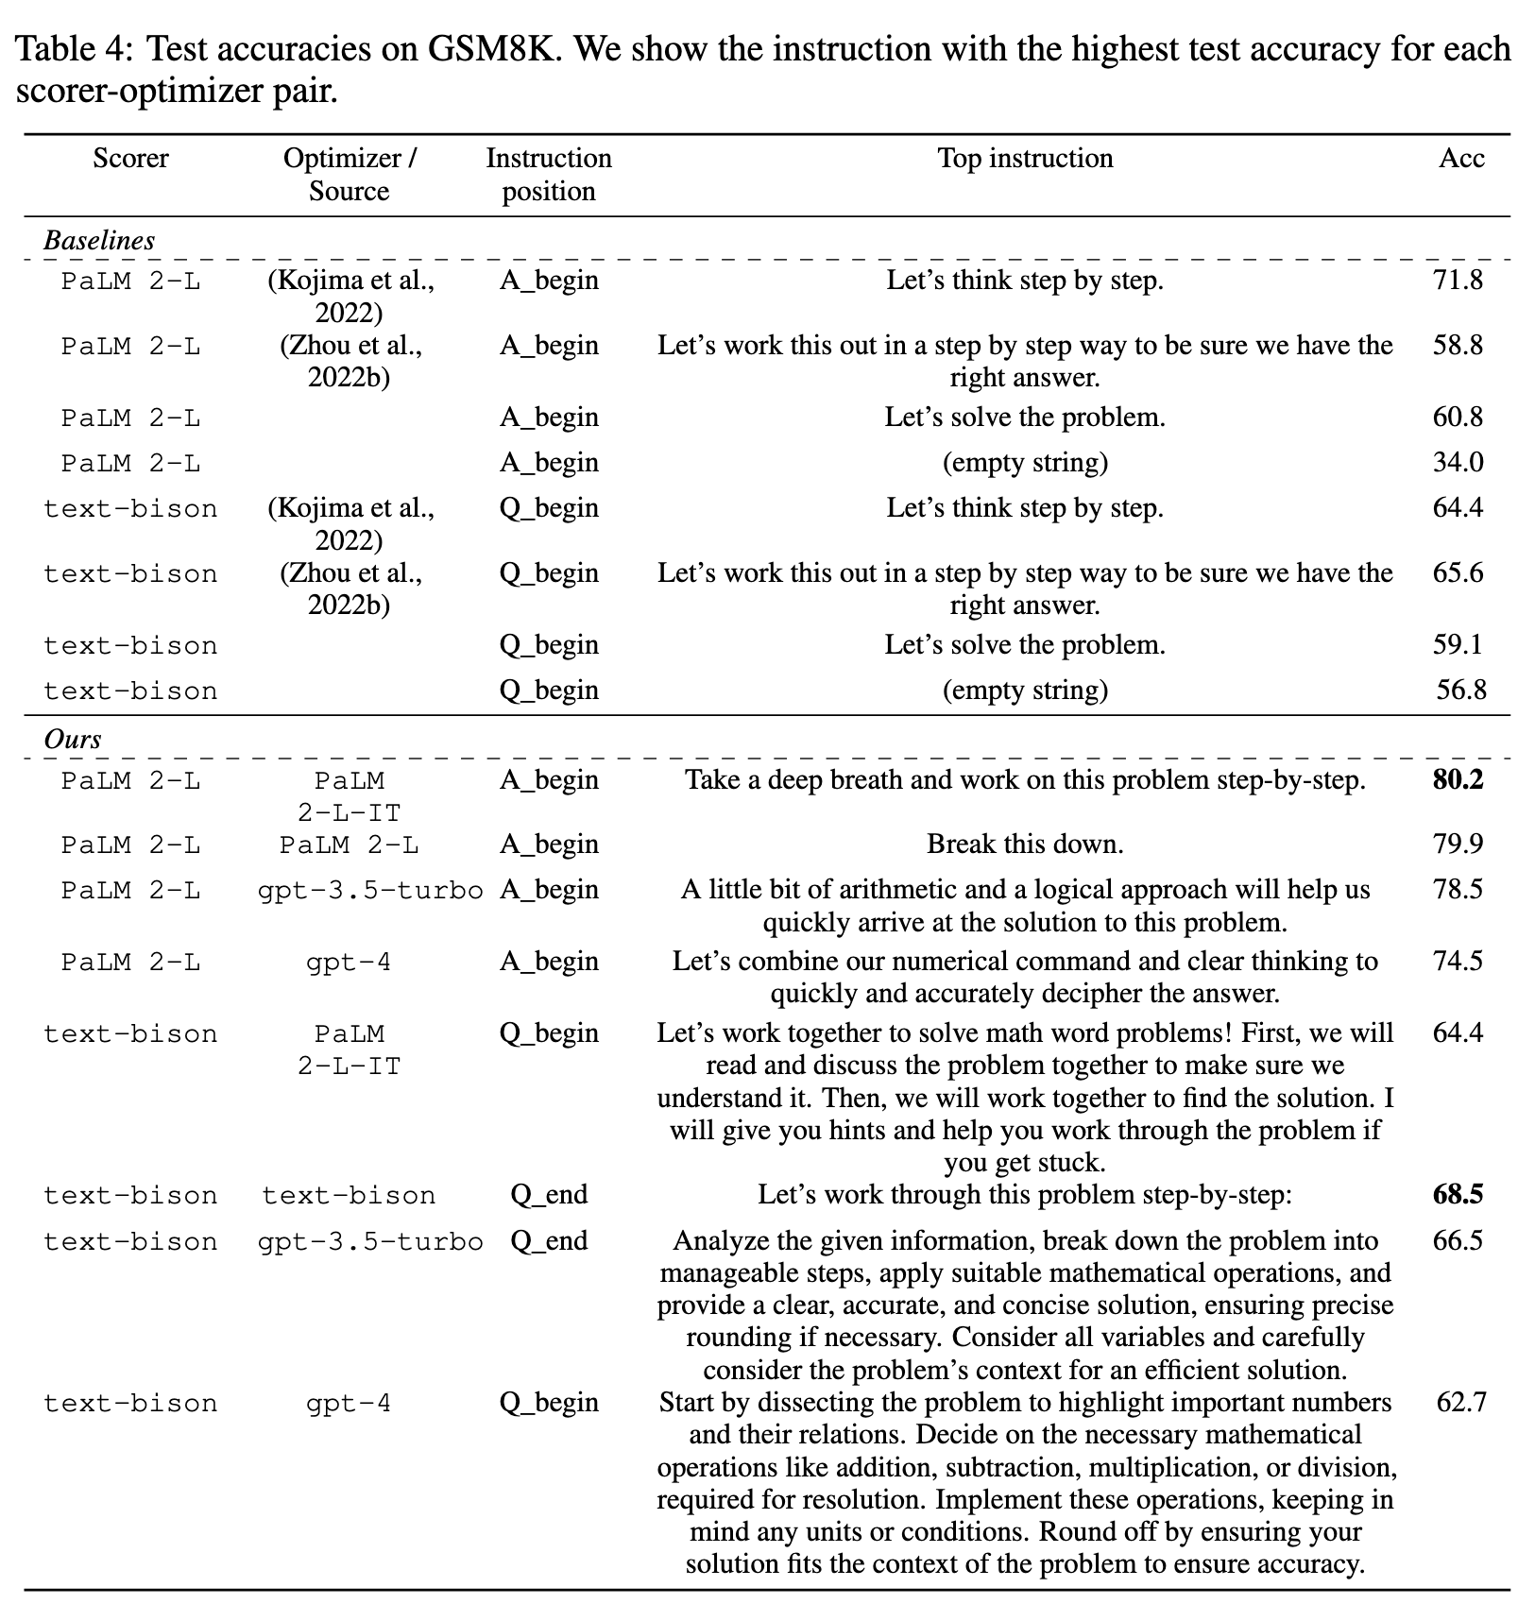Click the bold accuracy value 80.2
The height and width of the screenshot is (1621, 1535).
pyautogui.click(x=1458, y=780)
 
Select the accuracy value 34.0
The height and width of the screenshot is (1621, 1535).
pyautogui.click(x=1458, y=462)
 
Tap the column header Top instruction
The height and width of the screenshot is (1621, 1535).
pyautogui.click(x=1025, y=158)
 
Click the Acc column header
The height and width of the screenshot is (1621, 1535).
pyautogui.click(x=1460, y=158)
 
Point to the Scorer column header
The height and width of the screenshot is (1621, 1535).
pyautogui.click(x=130, y=158)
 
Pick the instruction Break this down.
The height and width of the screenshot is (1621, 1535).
pyautogui.click(x=1025, y=844)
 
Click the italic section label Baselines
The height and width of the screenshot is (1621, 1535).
pyautogui.click(x=99, y=240)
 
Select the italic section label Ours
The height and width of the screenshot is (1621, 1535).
pyautogui.click(x=73, y=739)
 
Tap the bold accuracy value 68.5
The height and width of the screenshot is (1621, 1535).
pyautogui.click(x=1458, y=1194)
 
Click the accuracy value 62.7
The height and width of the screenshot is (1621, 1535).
pyautogui.click(x=1460, y=1402)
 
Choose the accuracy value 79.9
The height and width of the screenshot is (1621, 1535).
pyautogui.click(x=1458, y=844)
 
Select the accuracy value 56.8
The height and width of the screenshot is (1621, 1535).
pyautogui.click(x=1460, y=690)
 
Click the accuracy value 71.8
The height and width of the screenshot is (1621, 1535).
pyautogui.click(x=1458, y=280)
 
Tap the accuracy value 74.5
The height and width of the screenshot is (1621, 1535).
pyautogui.click(x=1458, y=961)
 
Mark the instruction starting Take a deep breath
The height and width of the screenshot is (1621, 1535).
pyautogui.click(x=1025, y=780)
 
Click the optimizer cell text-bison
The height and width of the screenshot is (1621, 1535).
pyautogui.click(x=349, y=1196)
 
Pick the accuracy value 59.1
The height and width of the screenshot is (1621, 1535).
pyautogui.click(x=1458, y=644)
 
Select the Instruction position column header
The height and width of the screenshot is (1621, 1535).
pyautogui.click(x=549, y=174)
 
